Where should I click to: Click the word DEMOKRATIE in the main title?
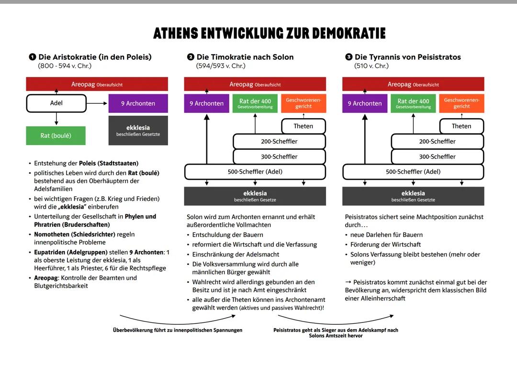coord(349,33)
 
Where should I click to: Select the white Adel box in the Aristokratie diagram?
coord(56,103)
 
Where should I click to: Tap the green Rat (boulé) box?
coord(56,136)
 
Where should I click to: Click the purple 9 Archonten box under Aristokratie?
coord(138,103)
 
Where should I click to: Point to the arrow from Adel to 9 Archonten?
coord(97,103)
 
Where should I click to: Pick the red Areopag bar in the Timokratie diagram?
coord(255,84)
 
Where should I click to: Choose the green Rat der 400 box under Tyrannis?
coord(413,103)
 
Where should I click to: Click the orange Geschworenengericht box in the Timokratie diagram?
coord(303,103)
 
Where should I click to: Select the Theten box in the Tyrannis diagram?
coord(461,126)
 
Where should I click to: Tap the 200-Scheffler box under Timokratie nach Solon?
coord(279,142)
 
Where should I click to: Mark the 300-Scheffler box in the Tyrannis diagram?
coord(437,156)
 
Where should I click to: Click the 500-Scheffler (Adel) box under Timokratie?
coord(255,172)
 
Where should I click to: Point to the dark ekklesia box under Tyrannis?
coord(413,196)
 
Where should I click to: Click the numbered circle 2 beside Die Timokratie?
coord(191,57)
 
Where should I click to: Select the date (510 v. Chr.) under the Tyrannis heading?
coord(371,66)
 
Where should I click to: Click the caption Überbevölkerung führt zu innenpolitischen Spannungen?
coord(178,330)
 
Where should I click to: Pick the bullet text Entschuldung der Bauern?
coord(227,235)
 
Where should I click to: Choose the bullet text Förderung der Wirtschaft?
coord(385,245)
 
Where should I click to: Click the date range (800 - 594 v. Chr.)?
coord(65,66)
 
